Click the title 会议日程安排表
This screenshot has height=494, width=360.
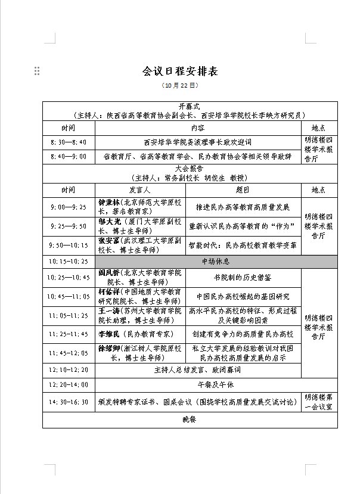(x=180, y=72)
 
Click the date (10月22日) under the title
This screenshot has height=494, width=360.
(x=179, y=85)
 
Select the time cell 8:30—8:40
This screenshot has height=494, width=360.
(x=69, y=142)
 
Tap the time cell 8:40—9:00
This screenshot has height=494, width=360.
(x=69, y=157)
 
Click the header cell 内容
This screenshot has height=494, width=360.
(x=198, y=128)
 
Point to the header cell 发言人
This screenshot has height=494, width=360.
(x=140, y=189)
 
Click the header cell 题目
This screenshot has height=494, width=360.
(x=243, y=189)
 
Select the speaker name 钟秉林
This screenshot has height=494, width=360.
(x=109, y=203)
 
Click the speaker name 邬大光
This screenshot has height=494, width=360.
(x=109, y=222)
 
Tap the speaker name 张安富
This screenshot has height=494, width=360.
(x=109, y=240)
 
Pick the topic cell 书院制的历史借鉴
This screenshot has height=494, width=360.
(x=243, y=278)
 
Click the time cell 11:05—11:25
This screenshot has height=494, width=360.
(x=69, y=315)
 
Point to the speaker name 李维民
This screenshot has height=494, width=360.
(x=109, y=334)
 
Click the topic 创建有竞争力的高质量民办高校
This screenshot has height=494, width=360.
(x=243, y=334)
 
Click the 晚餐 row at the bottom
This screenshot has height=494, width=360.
(x=189, y=420)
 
